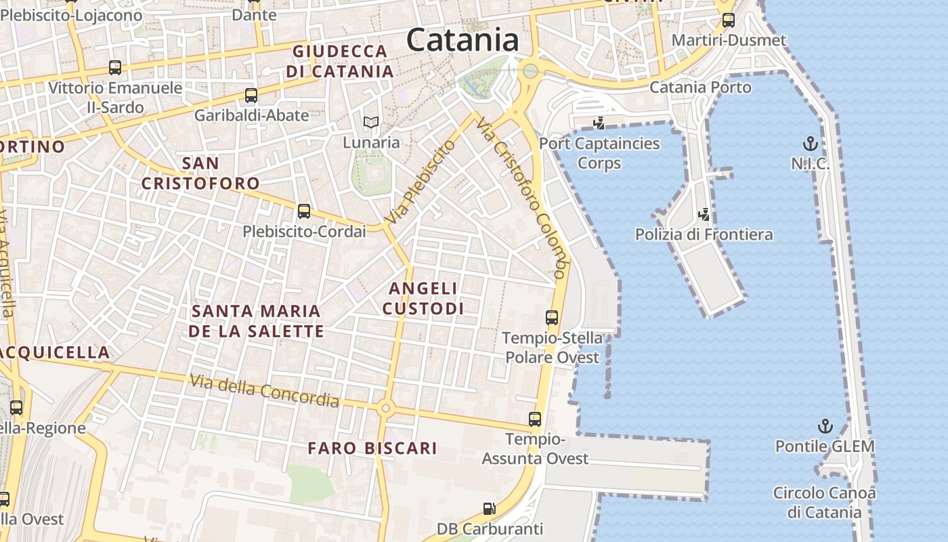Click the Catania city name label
tap(462, 40)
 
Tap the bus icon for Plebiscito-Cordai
tap(304, 211)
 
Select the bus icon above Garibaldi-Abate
tap(251, 96)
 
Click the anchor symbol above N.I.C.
tap(810, 144)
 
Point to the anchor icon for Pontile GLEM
tap(825, 426)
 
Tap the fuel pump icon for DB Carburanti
tap(489, 508)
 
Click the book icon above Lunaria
tap(370, 123)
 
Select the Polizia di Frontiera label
tap(704, 234)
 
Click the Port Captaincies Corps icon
tap(599, 123)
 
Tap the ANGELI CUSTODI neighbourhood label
tap(423, 298)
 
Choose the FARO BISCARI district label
tap(372, 448)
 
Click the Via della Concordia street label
tap(264, 391)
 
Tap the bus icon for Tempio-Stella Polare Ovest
tap(552, 317)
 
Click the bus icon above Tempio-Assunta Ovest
tap(535, 419)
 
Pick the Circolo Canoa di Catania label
tap(824, 502)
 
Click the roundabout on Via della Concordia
tap(386, 408)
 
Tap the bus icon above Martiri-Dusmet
tap(729, 20)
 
